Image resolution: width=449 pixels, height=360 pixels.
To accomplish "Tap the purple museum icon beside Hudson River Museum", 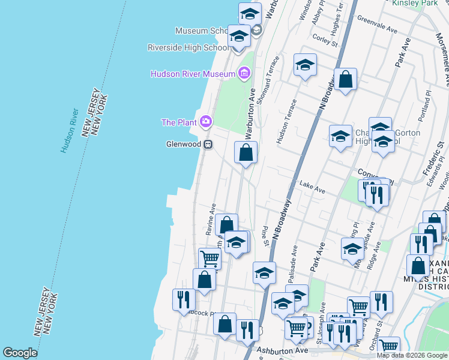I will coord(244,74).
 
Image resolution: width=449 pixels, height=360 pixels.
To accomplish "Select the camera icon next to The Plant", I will coord(206,122).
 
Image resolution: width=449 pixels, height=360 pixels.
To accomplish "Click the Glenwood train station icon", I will coord(208,144).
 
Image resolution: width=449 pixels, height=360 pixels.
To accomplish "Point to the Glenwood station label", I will coord(183,144).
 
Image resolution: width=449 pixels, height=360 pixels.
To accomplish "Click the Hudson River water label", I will coord(70,131).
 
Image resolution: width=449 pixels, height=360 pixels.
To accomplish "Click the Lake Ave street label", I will coord(312,188).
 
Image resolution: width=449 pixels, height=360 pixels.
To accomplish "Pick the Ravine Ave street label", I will coord(211,218).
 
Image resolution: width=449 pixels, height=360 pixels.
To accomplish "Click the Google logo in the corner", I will coord(20,353).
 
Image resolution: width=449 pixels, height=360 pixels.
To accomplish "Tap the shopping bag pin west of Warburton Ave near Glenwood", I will coord(246,153).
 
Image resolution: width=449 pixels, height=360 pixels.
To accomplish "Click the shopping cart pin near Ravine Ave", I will coord(210,259).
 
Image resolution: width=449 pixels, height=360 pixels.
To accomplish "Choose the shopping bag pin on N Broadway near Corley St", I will coord(345,79).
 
